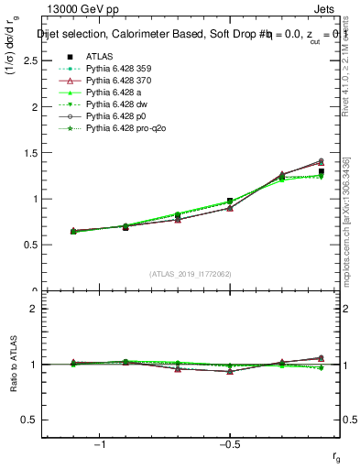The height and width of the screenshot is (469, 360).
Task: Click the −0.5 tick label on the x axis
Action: [x=228, y=443]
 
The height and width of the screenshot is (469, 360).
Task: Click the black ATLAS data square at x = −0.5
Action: [x=230, y=201]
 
